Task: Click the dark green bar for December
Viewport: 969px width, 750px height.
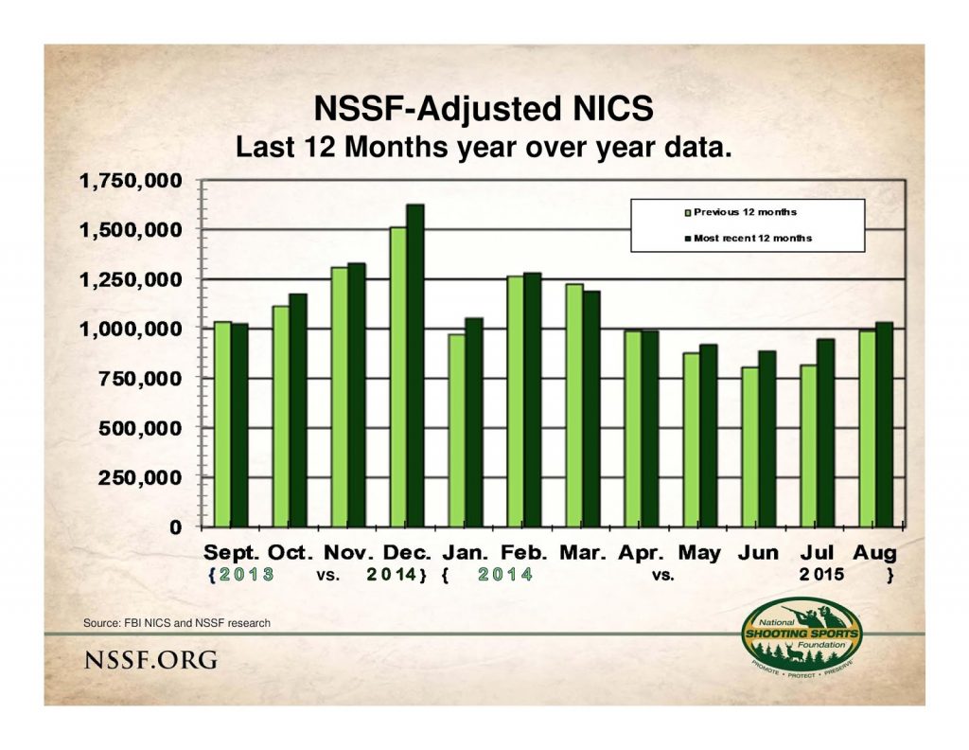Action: pos(415,366)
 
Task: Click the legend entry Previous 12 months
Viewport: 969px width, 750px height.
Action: pos(743,212)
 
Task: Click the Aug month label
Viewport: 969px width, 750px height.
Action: pos(875,552)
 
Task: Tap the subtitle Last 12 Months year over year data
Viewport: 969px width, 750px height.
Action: pos(484,148)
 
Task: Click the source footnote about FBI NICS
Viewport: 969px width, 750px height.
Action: pos(177,622)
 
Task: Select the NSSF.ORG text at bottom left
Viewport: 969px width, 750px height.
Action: pos(150,659)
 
